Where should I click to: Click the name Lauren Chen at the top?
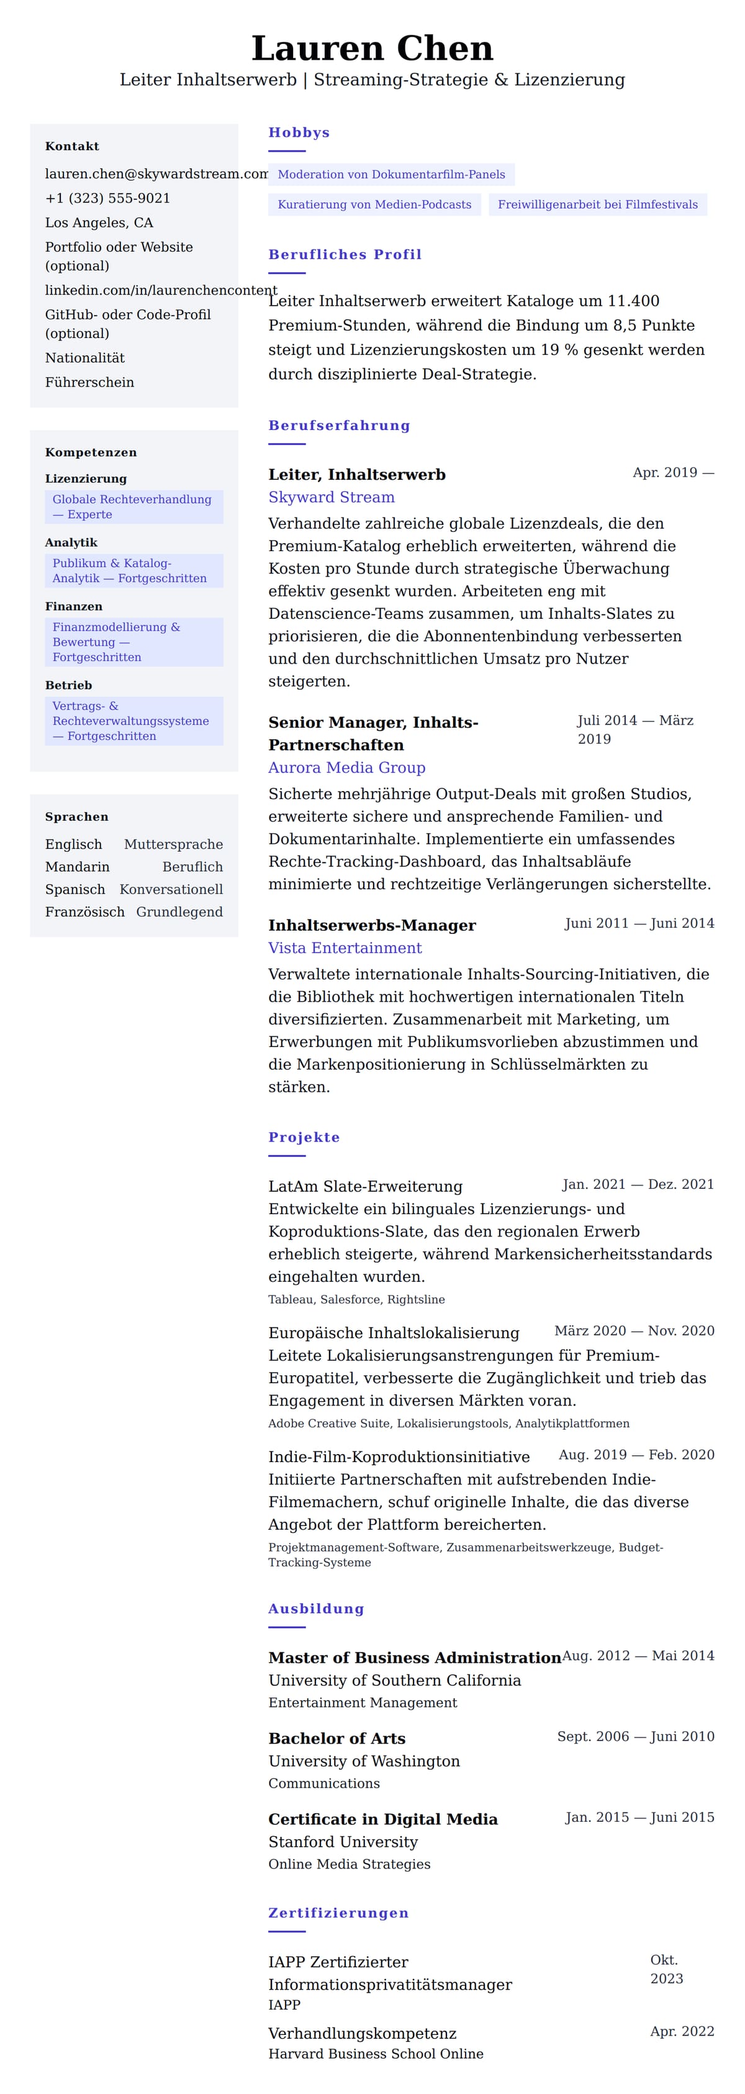[x=372, y=48]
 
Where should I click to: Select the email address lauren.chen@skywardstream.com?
[x=155, y=174]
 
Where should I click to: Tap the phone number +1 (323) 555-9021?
[x=107, y=198]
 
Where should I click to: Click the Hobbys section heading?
[x=299, y=132]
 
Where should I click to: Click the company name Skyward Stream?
[x=332, y=498]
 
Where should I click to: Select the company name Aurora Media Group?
[x=347, y=767]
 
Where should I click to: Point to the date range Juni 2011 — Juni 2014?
[x=639, y=923]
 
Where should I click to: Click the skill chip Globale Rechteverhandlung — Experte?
[x=133, y=507]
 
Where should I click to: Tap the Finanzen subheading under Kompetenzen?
[x=73, y=606]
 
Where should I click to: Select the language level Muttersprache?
[x=173, y=844]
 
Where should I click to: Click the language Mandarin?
[x=77, y=867]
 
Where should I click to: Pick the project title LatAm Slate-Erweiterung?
[x=365, y=1186]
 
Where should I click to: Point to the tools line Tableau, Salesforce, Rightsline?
[x=356, y=1299]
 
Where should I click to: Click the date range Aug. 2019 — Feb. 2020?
[x=636, y=1454]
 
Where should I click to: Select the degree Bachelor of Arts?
[x=336, y=1738]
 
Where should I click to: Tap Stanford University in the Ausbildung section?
[x=343, y=1841]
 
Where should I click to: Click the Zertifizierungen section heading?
[x=338, y=1913]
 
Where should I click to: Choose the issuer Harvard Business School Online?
[x=376, y=2054]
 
